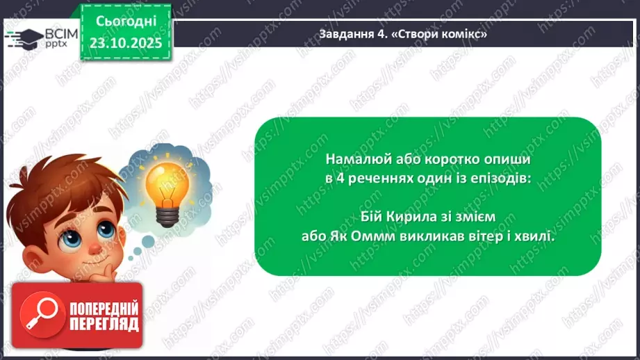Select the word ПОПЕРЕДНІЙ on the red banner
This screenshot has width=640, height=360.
click(x=104, y=308)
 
